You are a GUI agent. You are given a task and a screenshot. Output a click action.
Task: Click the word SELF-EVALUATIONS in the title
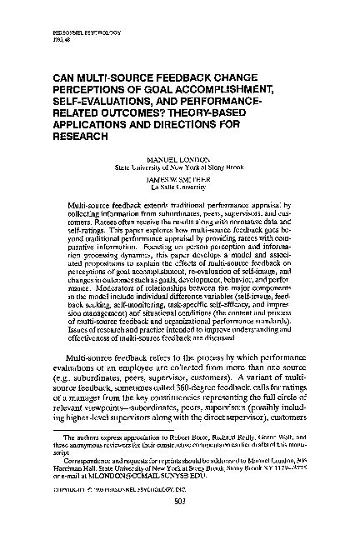point(109,93)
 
